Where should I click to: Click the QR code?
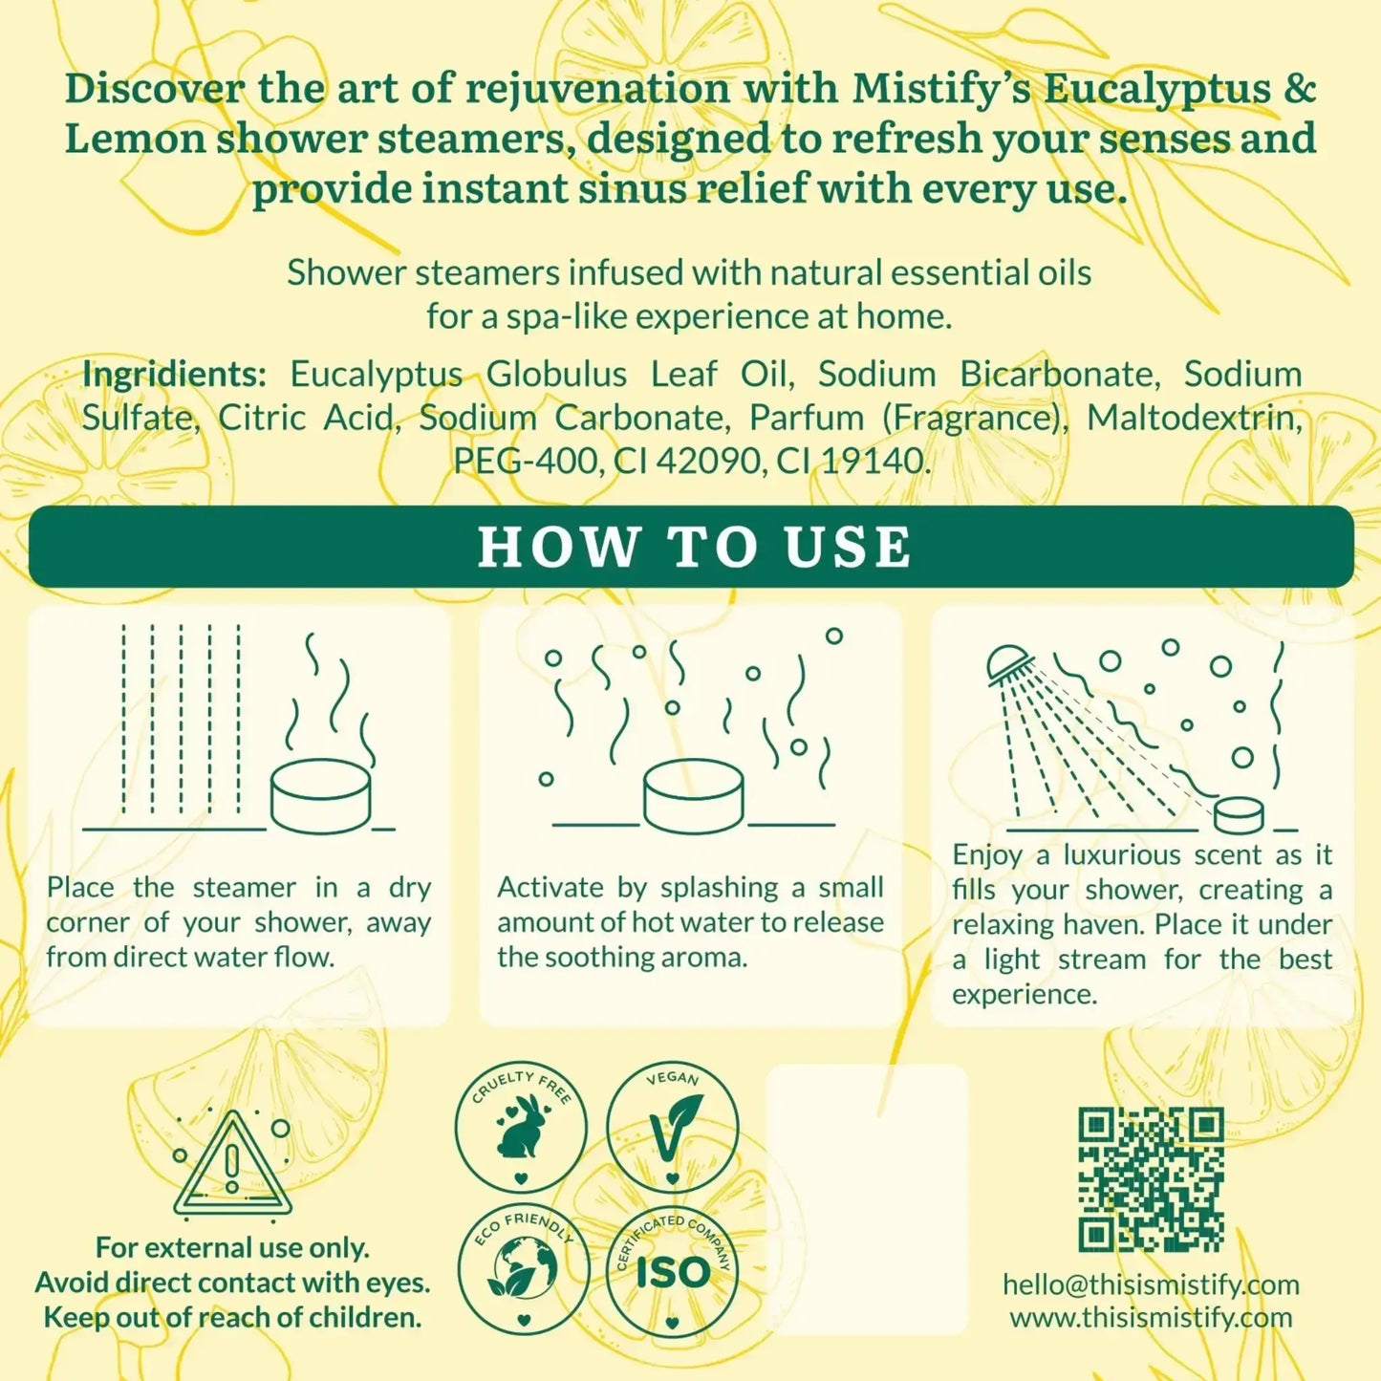(x=1151, y=1179)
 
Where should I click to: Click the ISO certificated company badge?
(x=672, y=1271)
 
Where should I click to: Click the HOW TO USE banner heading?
(x=694, y=547)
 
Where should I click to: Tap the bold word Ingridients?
(x=173, y=374)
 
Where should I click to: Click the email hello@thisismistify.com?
(x=1151, y=1284)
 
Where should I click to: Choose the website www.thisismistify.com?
(x=1151, y=1318)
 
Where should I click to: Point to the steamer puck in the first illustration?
(x=320, y=798)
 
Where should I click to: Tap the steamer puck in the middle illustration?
(x=694, y=798)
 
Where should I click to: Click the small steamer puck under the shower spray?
(x=1239, y=815)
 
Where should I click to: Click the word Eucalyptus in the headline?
(x=1156, y=88)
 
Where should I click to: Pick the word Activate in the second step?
(x=551, y=887)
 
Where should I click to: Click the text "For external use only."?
(x=232, y=1247)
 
